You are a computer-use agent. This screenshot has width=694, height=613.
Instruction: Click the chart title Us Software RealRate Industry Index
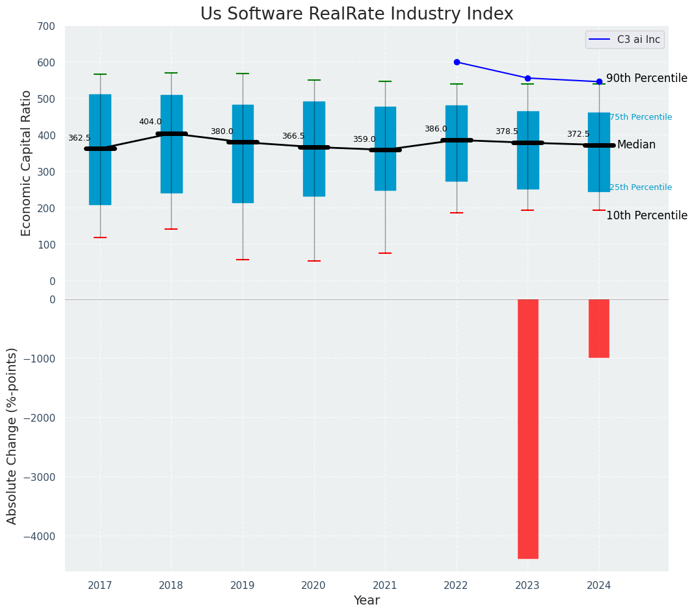(x=356, y=14)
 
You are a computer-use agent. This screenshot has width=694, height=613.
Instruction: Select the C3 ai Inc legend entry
(x=624, y=40)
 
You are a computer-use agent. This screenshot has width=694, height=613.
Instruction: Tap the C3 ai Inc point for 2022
(x=457, y=62)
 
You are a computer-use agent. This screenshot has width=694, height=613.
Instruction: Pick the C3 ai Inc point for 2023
(x=527, y=78)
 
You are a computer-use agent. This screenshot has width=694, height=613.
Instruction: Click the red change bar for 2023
(x=527, y=428)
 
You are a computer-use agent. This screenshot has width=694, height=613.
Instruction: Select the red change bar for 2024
(x=599, y=328)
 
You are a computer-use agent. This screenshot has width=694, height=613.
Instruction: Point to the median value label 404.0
(x=150, y=122)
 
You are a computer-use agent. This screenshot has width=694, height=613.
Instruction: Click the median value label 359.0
(x=364, y=139)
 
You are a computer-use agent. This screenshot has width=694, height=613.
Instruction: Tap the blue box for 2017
(x=100, y=150)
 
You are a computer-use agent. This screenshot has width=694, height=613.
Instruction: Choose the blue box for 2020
(x=314, y=149)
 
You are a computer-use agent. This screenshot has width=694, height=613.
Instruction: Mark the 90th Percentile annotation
(x=647, y=78)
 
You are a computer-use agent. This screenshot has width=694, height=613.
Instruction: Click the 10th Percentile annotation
(x=647, y=215)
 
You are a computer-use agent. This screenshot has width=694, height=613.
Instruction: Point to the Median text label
(x=636, y=144)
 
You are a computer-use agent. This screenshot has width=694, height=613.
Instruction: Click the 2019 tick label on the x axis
(x=243, y=586)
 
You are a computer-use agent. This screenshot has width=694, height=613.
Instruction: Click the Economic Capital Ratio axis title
(x=27, y=163)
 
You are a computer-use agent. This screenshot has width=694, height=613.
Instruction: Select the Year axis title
(x=366, y=601)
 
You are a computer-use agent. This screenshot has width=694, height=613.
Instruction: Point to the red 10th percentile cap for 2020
(x=314, y=261)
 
